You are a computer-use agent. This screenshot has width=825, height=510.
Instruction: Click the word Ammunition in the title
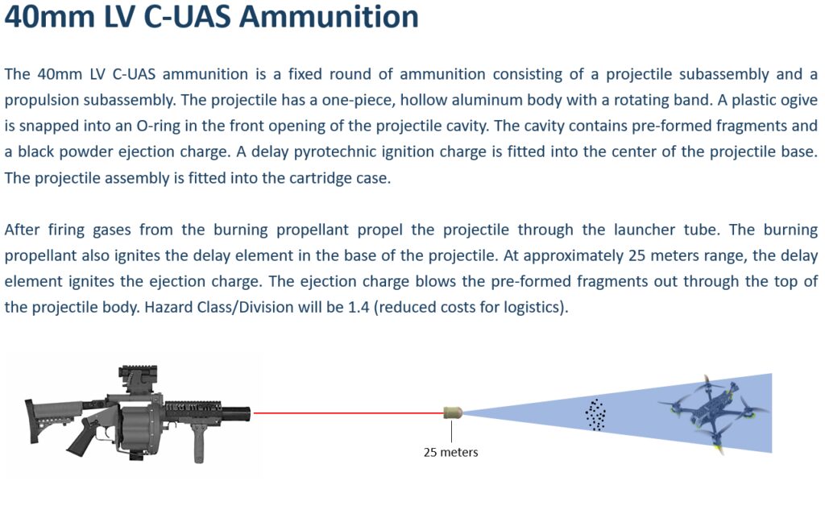pos(329,16)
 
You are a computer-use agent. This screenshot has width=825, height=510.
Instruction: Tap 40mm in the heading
pos(49,16)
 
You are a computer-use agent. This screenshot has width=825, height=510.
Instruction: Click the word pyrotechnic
pos(329,152)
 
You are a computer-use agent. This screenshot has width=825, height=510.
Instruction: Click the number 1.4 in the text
pos(359,307)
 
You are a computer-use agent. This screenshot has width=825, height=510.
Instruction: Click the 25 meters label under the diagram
pos(451,452)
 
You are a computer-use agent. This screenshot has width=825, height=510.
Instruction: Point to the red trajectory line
pos(349,413)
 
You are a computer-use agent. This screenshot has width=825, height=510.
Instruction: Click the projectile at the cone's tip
pos(453,412)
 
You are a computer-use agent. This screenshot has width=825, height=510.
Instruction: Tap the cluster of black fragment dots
pos(595,415)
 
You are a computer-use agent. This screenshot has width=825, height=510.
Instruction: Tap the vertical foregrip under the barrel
pos(198,443)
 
